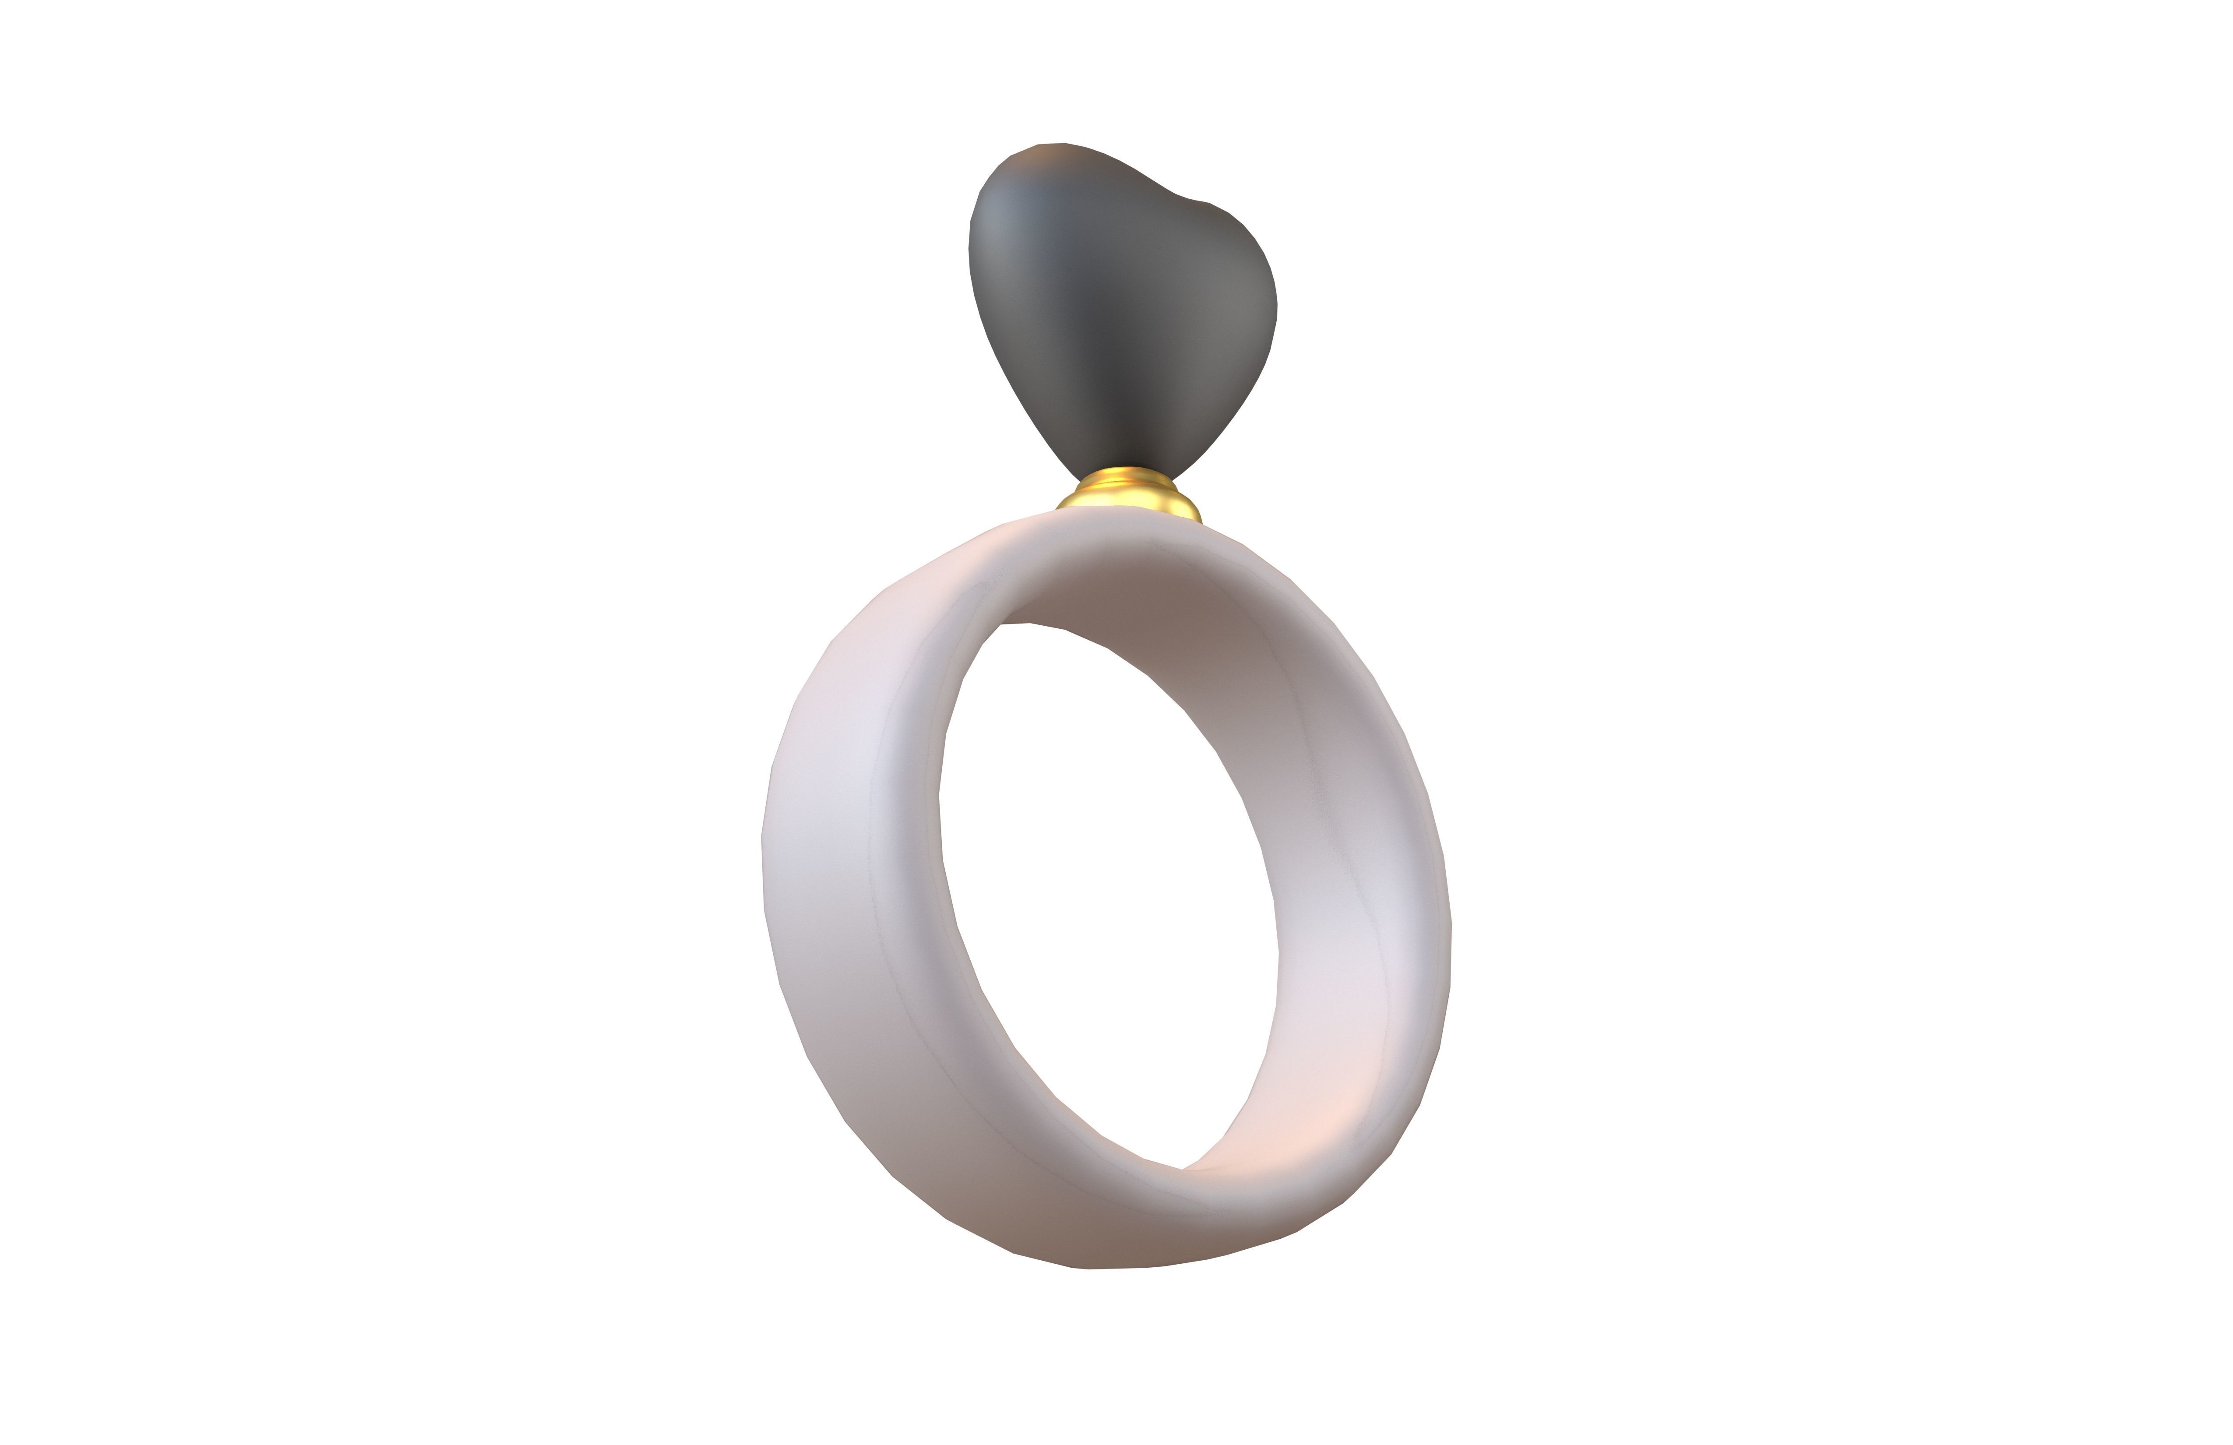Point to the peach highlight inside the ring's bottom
pyautogui.click(x=1304, y=1126)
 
